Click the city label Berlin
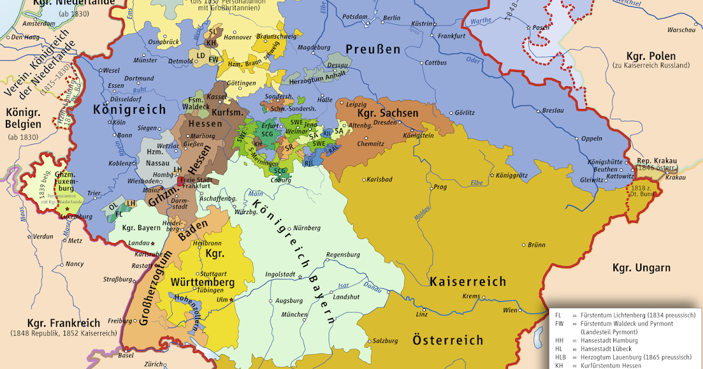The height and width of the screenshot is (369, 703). tap(392, 18)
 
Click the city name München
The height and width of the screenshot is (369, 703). tap(294, 315)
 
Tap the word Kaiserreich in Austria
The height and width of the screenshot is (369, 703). tap(467, 282)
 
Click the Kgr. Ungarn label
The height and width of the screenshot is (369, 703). tap(641, 268)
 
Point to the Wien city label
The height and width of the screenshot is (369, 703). tap(511, 309)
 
